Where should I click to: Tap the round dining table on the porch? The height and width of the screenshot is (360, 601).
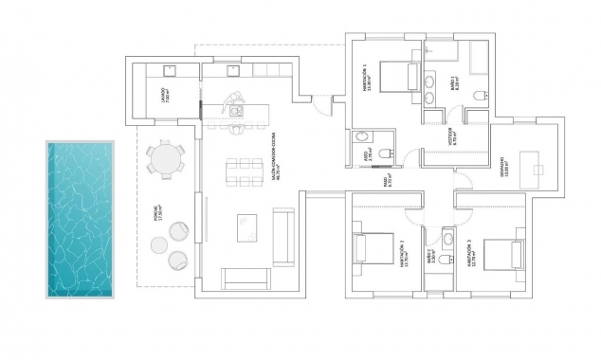166,158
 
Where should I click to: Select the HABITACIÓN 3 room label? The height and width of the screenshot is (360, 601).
469,253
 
